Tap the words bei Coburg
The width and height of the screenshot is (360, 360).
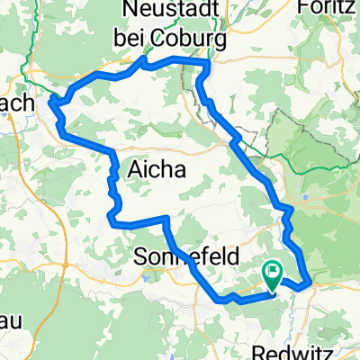[x=170, y=37]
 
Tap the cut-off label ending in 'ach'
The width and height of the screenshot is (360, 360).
[x=16, y=103]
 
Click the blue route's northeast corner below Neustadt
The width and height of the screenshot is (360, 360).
[x=208, y=63]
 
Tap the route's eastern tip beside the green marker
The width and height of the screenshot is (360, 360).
[x=310, y=280]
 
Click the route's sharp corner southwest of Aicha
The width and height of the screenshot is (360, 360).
[x=110, y=216]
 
